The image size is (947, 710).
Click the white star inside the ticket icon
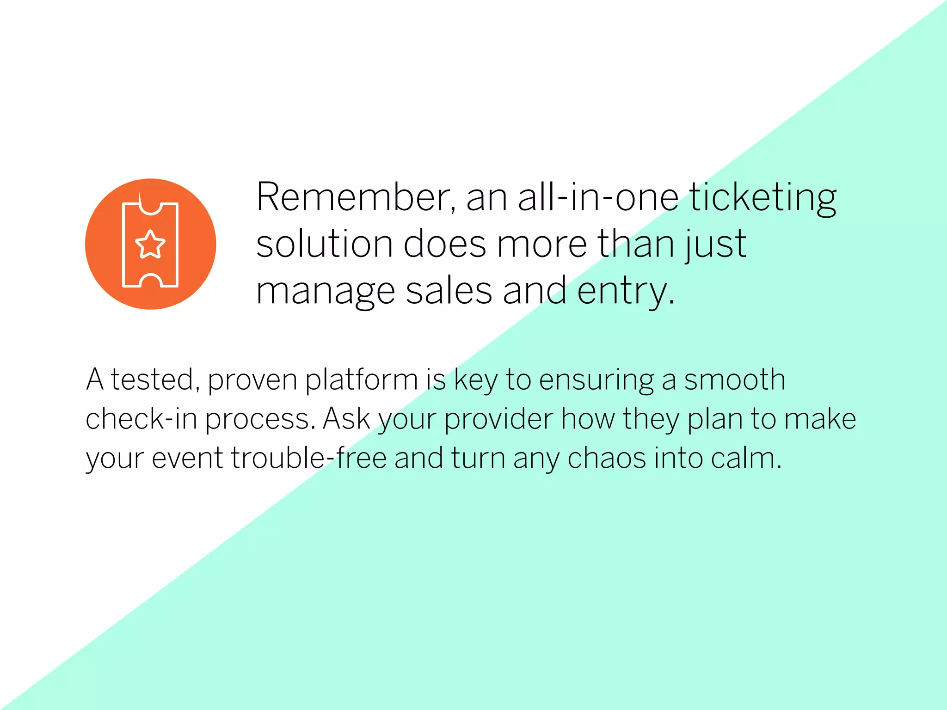tap(150, 245)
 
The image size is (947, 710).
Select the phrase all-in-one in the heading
tap(598, 198)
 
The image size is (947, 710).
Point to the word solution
tap(324, 244)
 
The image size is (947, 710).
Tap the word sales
tap(449, 291)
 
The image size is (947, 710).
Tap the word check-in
tap(141, 419)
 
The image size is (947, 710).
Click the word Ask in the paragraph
tap(346, 419)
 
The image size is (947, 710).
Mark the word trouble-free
tap(308, 458)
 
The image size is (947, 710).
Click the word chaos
tap(607, 458)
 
